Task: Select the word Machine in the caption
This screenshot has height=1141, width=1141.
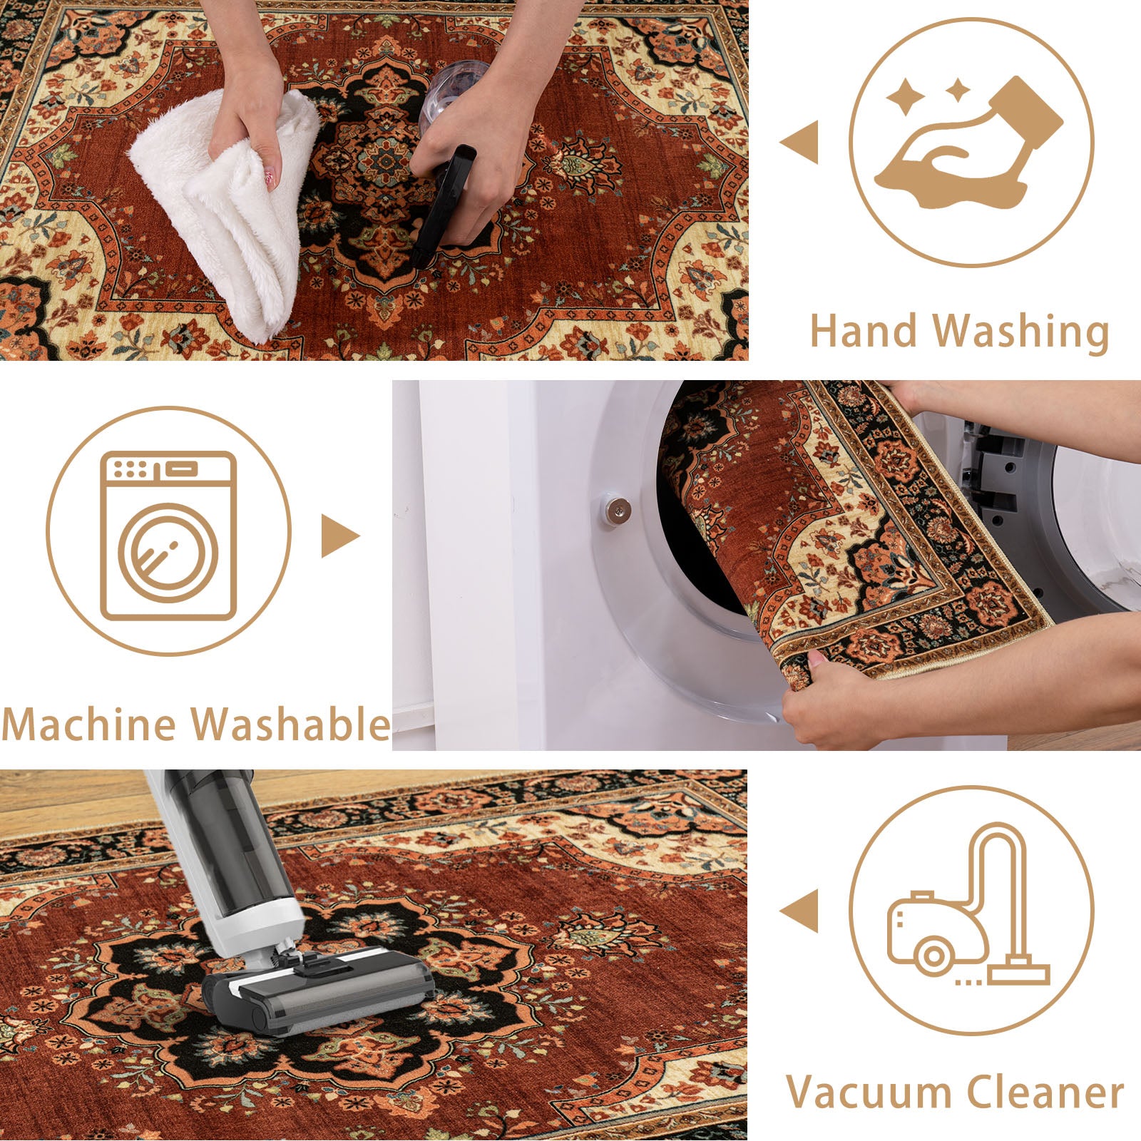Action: [x=92, y=725]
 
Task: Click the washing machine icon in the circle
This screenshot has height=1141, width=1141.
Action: [x=168, y=535]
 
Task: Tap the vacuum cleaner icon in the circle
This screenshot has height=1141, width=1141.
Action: [x=968, y=906]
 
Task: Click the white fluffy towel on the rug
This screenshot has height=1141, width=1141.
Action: [x=228, y=214]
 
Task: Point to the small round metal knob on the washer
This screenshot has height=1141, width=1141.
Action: [x=618, y=509]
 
